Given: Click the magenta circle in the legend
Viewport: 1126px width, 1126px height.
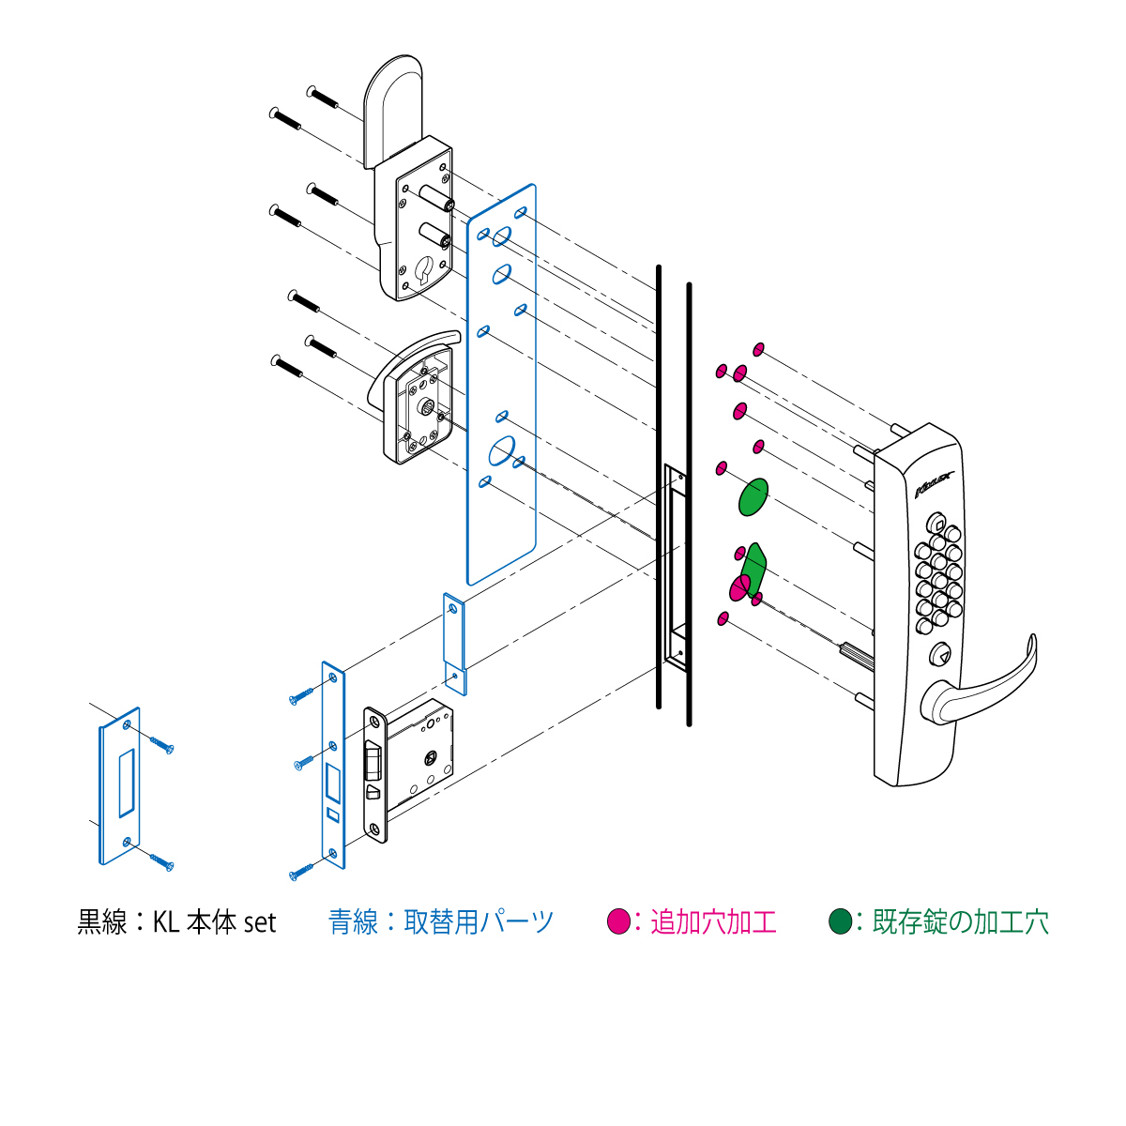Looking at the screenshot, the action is coord(618,921).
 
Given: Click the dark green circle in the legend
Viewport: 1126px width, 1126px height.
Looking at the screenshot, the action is coord(840,921).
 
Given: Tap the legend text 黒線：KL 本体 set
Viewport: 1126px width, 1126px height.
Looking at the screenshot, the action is coord(176,922).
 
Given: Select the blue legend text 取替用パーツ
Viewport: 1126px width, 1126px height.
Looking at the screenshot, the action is coord(479,922).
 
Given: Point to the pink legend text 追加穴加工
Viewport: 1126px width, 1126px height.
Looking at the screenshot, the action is coord(713,922).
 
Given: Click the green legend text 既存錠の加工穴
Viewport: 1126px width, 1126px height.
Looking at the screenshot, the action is coord(960,922).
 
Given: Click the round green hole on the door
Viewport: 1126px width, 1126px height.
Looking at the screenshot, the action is coord(753,496).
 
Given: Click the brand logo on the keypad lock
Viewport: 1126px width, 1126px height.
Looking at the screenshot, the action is coord(935,484).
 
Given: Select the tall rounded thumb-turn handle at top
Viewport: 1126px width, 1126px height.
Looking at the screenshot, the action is coord(392,111).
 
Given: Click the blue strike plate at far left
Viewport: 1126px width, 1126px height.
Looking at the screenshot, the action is coord(120,786).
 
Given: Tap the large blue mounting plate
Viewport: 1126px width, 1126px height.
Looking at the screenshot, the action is coord(501,384).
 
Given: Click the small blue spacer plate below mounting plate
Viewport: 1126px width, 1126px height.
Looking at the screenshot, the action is coord(454,644).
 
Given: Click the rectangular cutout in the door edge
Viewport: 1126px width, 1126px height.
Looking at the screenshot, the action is coord(675,568).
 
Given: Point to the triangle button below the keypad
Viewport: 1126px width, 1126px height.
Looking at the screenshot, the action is coord(939,653).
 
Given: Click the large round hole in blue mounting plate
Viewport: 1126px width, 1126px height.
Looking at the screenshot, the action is coord(502,450).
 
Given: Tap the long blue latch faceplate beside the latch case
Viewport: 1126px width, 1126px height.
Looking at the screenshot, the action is coord(334,765).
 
